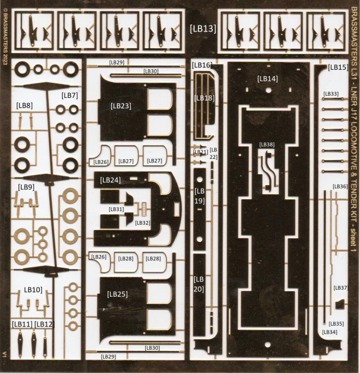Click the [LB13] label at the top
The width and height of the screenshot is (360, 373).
pyautogui.click(x=203, y=28)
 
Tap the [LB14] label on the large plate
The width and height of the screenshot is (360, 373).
pyautogui.click(x=267, y=79)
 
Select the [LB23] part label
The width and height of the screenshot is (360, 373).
pyautogui.click(x=121, y=106)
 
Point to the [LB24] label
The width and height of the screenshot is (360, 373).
pyautogui.click(x=111, y=179)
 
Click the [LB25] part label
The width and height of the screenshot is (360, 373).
pyautogui.click(x=117, y=294)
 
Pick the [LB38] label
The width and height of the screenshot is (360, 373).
pyautogui.click(x=267, y=145)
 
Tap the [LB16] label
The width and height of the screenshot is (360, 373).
pyautogui.click(x=202, y=66)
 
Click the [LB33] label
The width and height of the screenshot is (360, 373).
pyautogui.click(x=331, y=94)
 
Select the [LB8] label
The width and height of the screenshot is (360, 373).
pyautogui.click(x=24, y=105)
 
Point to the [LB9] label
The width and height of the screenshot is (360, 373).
pyautogui.click(x=26, y=187)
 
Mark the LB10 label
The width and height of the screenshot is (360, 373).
pyautogui.click(x=33, y=290)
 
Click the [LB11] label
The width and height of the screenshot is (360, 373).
pyautogui.click(x=22, y=324)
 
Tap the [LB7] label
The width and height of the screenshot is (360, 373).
pyautogui.click(x=69, y=96)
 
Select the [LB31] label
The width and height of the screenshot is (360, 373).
pyautogui.click(x=116, y=209)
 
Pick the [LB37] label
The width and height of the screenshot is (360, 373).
pyautogui.click(x=341, y=288)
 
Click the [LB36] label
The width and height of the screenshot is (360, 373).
pyautogui.click(x=340, y=186)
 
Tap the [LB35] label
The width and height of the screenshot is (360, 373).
pyautogui.click(x=336, y=324)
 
